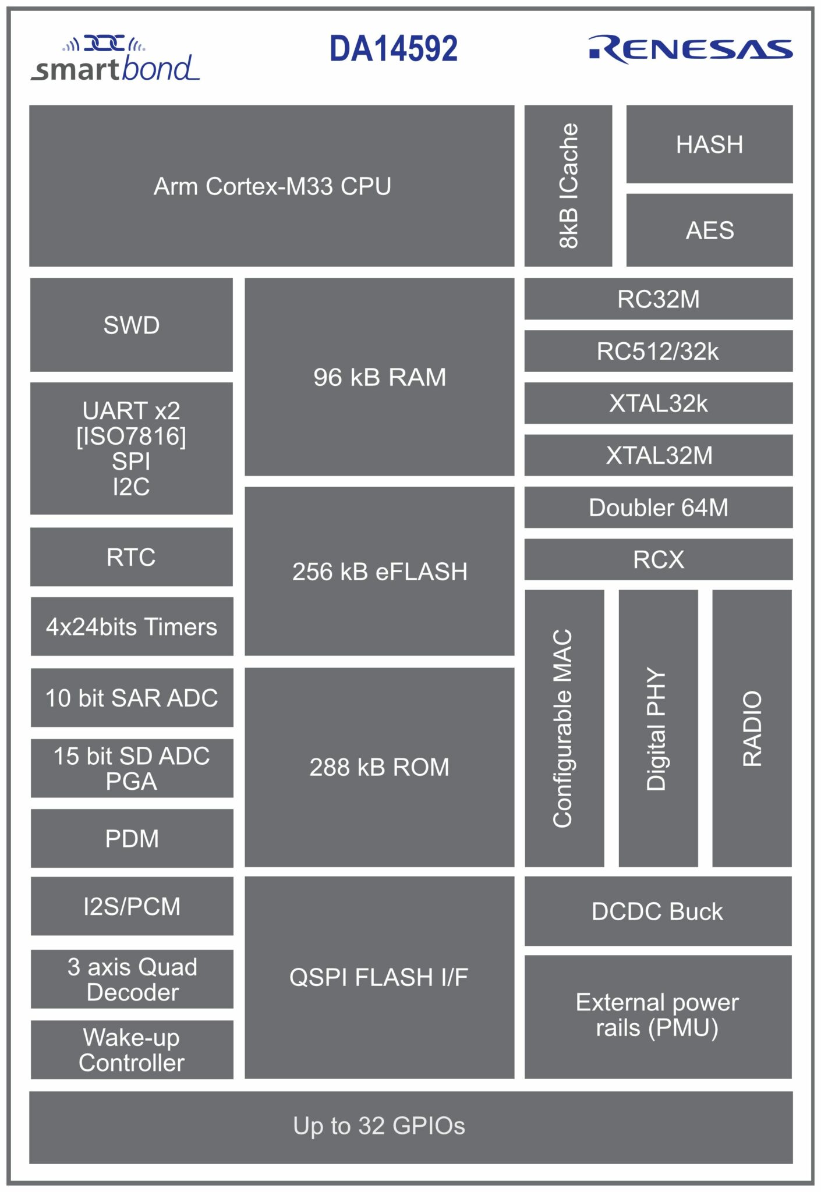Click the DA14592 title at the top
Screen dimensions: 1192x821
(393, 49)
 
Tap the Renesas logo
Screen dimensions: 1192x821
(690, 49)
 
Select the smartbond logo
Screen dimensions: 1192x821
(115, 61)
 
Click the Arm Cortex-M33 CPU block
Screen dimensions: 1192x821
(272, 186)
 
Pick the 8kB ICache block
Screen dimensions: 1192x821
(568, 186)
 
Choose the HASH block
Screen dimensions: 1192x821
(709, 144)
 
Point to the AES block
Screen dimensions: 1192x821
(709, 230)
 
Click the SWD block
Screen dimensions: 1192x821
(132, 325)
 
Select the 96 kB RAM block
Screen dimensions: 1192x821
(379, 377)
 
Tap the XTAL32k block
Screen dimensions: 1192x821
(658, 403)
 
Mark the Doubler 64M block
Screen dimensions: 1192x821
(658, 508)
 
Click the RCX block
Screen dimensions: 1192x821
(658, 559)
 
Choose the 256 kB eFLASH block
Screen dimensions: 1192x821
(379, 572)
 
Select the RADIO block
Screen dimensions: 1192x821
(752, 728)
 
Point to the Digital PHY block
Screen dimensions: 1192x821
(657, 728)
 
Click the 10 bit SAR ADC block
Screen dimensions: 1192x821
(132, 698)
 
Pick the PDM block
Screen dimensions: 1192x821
(132, 839)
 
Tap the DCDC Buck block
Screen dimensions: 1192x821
(657, 911)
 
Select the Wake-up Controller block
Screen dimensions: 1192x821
(132, 1050)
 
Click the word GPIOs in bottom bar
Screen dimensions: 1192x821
(429, 1126)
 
